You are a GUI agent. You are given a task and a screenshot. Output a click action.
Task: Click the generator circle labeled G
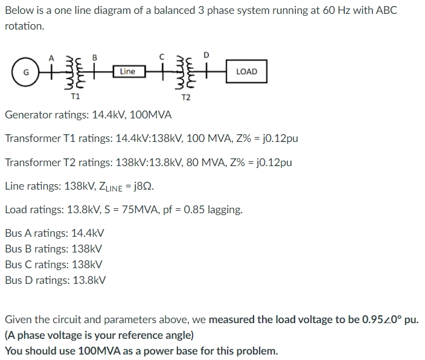tap(25, 71)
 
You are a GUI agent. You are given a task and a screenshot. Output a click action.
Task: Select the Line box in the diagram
tap(128, 71)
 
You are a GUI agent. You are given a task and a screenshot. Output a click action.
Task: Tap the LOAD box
tap(246, 71)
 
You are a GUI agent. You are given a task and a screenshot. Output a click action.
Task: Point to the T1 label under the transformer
tap(75, 95)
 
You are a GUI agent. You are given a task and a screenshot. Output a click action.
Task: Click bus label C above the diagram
tap(162, 57)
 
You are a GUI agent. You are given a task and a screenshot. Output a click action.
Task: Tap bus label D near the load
tap(206, 56)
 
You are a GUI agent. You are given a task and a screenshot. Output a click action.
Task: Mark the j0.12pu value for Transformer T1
tap(275, 138)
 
